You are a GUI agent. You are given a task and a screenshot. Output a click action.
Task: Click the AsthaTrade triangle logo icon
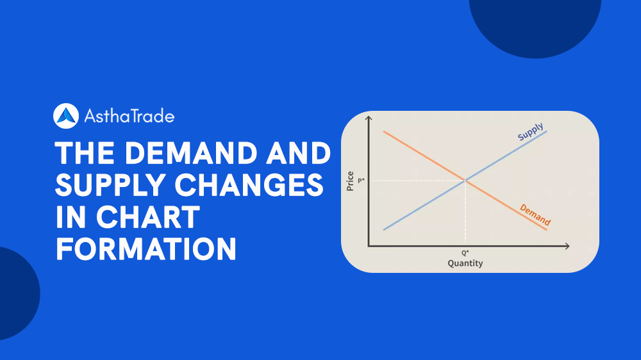pos(66,116)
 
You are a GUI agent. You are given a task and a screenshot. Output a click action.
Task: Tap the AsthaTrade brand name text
pos(129,116)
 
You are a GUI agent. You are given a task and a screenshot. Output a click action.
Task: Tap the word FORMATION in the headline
pos(146,249)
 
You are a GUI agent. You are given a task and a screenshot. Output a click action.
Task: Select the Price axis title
pos(350,181)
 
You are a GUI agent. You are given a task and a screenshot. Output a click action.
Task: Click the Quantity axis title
pos(465,263)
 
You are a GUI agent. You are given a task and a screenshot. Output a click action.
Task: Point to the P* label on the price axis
pos(361,181)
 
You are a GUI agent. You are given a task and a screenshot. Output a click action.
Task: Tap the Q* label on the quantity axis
pos(465,253)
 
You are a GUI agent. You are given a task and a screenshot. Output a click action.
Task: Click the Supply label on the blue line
pos(530,131)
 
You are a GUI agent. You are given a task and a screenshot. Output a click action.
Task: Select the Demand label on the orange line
pos(535,215)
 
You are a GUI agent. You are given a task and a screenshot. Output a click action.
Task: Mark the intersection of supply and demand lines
pos(465,181)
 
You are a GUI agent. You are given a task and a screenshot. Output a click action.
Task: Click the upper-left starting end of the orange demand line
pos(383,131)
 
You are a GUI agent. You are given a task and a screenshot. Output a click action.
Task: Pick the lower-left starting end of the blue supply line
pos(383,229)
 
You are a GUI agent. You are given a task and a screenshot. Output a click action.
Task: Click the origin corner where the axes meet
pos(368,245)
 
